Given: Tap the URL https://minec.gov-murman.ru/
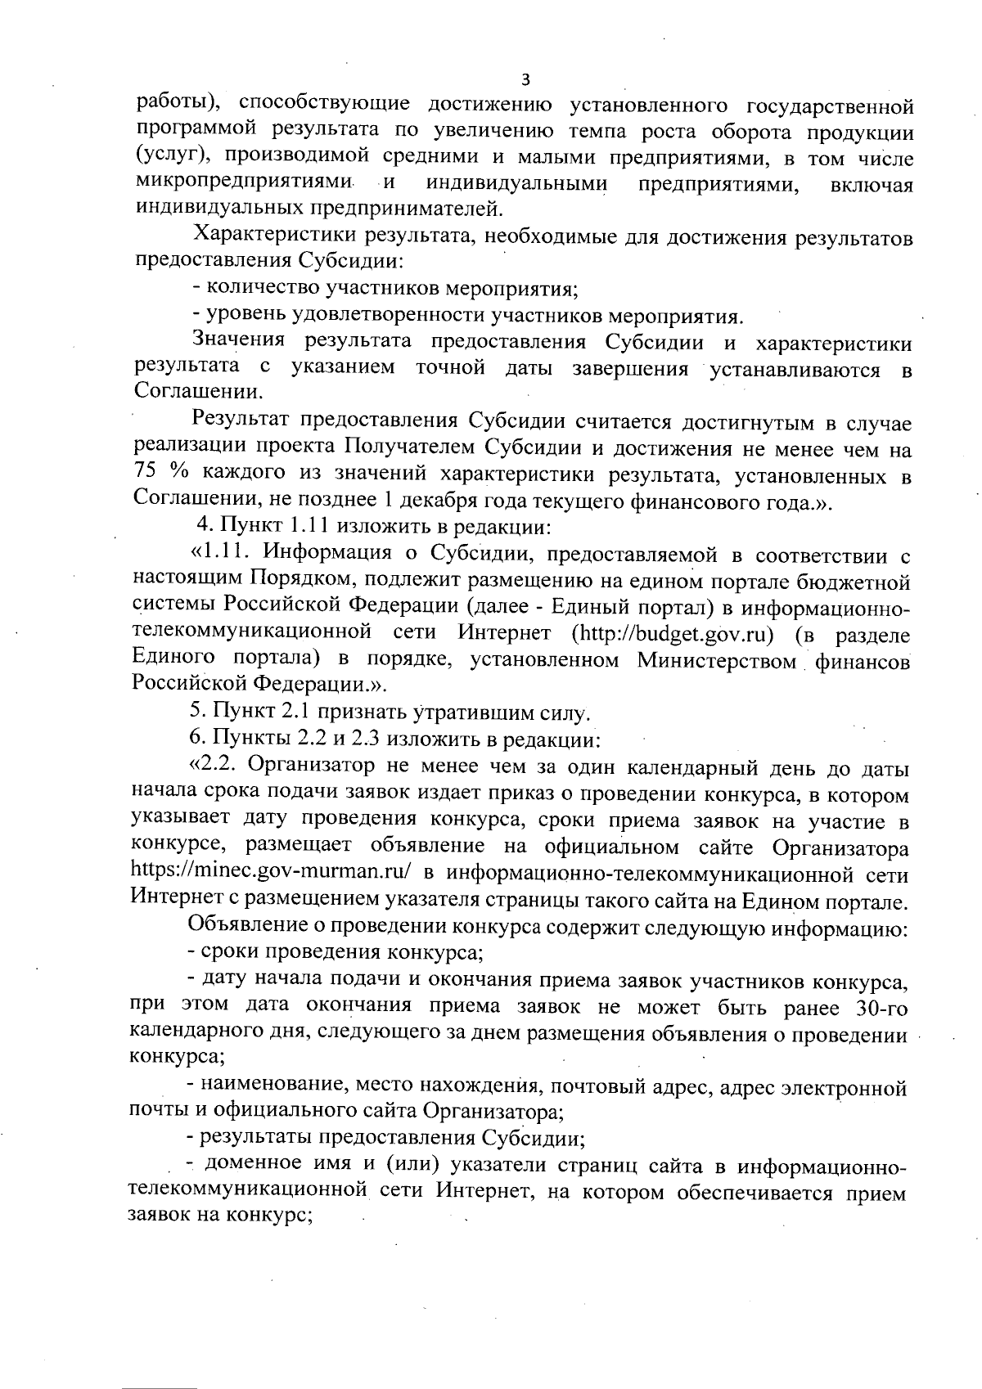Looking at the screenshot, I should click(270, 873).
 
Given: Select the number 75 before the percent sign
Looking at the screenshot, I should click(148, 475).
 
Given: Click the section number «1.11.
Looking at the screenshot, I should click(221, 556).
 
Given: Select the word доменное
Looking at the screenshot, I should click(253, 1165).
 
